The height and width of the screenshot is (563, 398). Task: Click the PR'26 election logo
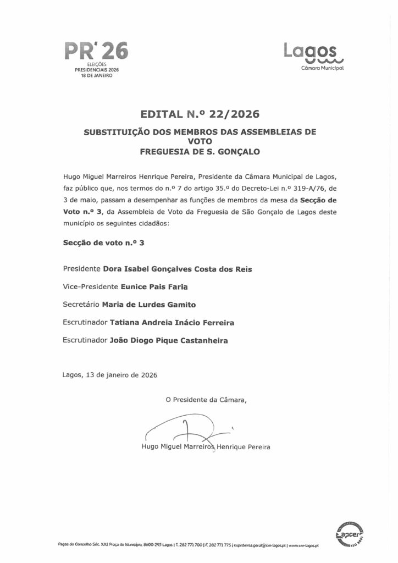[96, 53]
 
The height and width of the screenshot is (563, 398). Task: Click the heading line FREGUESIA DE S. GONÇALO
[198, 150]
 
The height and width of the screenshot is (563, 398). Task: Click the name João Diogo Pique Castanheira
[169, 340]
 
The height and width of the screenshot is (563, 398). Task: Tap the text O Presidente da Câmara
[206, 400]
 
